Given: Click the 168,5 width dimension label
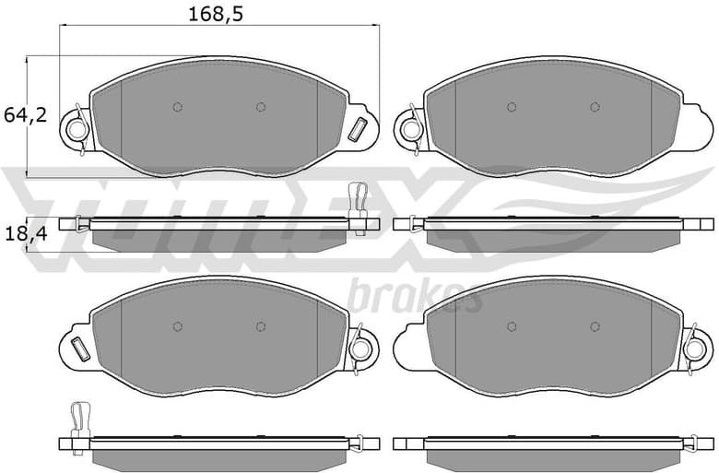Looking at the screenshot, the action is pyautogui.click(x=216, y=14).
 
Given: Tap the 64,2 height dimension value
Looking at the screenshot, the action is pyautogui.click(x=25, y=115).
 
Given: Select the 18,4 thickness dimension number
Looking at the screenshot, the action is pyautogui.click(x=25, y=234).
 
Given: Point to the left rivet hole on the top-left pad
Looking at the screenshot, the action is pyautogui.click(x=178, y=107).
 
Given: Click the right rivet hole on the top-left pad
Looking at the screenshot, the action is pyautogui.click(x=261, y=107).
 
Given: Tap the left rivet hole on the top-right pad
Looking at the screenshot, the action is pyautogui.click(x=512, y=107).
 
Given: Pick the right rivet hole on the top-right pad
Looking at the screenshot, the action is pyautogui.click(x=595, y=107).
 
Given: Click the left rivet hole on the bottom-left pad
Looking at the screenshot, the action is pyautogui.click(x=178, y=326).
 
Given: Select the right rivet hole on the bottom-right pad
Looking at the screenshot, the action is pyautogui.click(x=595, y=326).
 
